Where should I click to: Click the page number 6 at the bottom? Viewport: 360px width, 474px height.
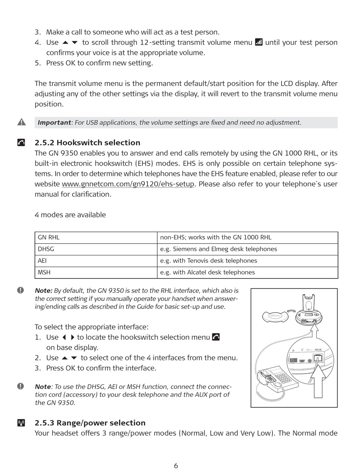[x=176, y=466]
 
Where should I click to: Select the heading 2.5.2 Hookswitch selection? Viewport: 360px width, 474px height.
[x=87, y=143]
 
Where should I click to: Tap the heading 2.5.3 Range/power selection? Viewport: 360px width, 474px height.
[x=90, y=423]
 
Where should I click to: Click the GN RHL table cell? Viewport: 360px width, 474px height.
[x=96, y=238]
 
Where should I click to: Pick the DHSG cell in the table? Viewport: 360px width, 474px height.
[x=96, y=249]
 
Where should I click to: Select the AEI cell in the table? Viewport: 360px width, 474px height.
[x=96, y=261]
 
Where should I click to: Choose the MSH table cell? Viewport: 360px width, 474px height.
[x=96, y=272]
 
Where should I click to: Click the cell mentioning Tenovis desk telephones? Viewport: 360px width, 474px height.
[x=247, y=261]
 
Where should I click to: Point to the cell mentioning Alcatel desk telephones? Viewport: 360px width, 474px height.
[x=247, y=272]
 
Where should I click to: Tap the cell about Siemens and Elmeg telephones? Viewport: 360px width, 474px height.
[x=247, y=249]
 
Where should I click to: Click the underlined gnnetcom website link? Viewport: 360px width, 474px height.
[x=128, y=184]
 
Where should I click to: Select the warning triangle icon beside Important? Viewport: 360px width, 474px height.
[x=22, y=122]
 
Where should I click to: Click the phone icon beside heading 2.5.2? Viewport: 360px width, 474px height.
[x=22, y=142]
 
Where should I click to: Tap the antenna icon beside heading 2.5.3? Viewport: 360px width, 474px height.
[x=21, y=423]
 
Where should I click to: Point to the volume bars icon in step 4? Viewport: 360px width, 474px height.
[x=259, y=42]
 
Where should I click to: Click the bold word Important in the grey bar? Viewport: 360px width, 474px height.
[x=54, y=122]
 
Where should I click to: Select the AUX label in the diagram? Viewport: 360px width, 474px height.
[x=318, y=349]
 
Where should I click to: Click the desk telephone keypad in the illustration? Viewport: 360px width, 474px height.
[x=282, y=377]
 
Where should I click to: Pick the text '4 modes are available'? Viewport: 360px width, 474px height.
[x=70, y=215]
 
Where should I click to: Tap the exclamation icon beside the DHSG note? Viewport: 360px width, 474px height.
[x=20, y=386]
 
